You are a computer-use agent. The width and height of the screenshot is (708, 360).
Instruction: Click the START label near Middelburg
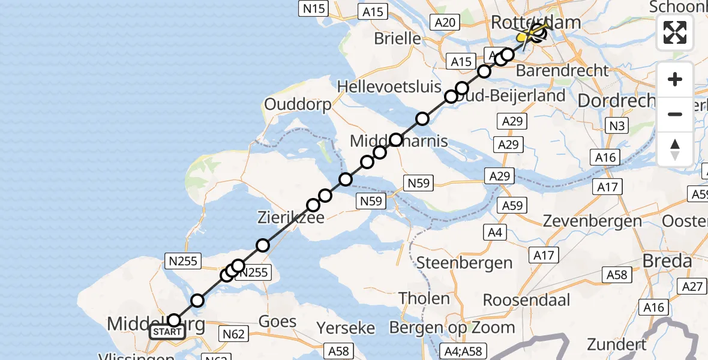pyautogui.click(x=166, y=332)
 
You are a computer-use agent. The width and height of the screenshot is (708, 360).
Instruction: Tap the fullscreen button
pyautogui.click(x=675, y=32)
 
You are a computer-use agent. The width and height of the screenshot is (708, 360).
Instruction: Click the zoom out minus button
pyautogui.click(x=675, y=114)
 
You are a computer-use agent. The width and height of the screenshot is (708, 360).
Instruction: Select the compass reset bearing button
pyautogui.click(x=675, y=149)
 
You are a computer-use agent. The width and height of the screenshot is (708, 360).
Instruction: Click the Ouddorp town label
pyautogui.click(x=298, y=105)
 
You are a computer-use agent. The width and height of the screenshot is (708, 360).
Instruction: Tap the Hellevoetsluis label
pyautogui.click(x=389, y=86)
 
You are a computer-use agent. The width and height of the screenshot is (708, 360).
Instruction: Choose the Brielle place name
pyautogui.click(x=397, y=38)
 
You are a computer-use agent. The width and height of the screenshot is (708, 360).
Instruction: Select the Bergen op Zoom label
pyautogui.click(x=452, y=328)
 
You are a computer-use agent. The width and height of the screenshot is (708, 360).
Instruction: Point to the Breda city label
pyautogui.click(x=667, y=262)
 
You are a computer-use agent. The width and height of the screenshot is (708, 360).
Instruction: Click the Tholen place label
pyautogui.click(x=424, y=298)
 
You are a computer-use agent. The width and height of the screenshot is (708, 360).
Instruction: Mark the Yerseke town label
pyautogui.click(x=346, y=328)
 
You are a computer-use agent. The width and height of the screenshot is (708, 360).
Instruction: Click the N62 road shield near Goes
pyautogui.click(x=233, y=334)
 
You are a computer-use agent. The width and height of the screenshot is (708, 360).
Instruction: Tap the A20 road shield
pyautogui.click(x=445, y=23)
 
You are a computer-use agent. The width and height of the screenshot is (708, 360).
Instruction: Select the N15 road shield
pyautogui.click(x=313, y=8)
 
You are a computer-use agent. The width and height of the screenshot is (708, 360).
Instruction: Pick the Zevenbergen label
pyautogui.click(x=592, y=221)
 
